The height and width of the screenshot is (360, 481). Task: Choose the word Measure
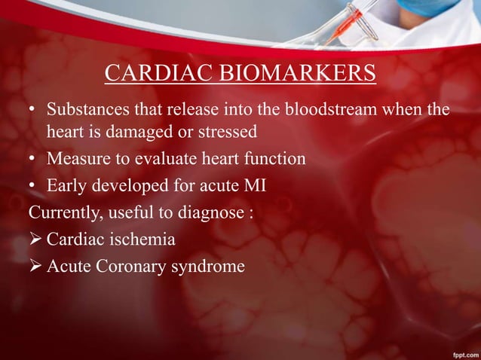pos(76,159)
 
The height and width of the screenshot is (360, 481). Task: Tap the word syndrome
pos(208,266)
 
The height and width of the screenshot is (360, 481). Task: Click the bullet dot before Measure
pos(33,160)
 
